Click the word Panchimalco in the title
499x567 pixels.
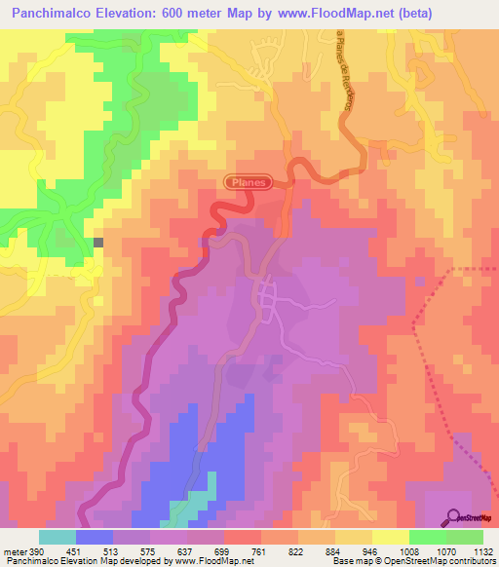click(x=58, y=13)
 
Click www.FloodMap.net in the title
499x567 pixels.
click(x=337, y=13)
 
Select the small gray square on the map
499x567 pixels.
click(x=97, y=242)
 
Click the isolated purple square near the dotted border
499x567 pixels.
click(x=420, y=281)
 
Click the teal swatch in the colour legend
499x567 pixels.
click(x=58, y=538)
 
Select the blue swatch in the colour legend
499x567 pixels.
click(x=95, y=538)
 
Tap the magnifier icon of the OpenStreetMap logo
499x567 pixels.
click(x=451, y=516)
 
